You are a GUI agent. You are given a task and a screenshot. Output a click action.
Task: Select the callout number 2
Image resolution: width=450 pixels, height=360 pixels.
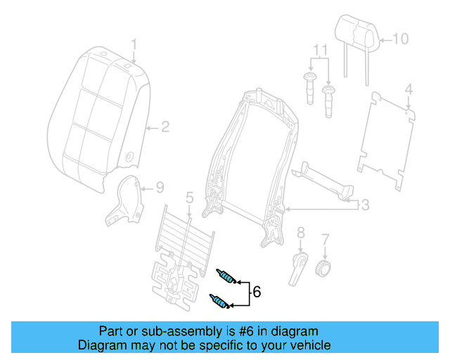(x=165, y=127)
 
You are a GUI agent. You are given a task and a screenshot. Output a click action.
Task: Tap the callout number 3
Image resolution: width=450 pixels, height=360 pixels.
(x=364, y=205)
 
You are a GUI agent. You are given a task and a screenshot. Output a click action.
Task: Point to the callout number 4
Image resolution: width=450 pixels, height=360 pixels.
(x=409, y=89)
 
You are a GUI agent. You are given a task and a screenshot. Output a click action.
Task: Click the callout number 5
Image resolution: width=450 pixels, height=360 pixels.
(x=189, y=198)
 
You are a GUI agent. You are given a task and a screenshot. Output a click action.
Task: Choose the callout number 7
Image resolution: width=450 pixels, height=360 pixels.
(x=325, y=240)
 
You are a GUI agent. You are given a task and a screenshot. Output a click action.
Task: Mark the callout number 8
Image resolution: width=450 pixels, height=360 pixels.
(x=300, y=232)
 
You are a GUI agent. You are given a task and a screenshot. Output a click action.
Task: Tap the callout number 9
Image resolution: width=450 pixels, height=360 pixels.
(x=160, y=188)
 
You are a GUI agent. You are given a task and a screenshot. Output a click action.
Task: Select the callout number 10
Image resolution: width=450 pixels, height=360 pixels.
(x=399, y=39)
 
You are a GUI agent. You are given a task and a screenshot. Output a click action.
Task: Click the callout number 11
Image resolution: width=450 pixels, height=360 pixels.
(x=320, y=51)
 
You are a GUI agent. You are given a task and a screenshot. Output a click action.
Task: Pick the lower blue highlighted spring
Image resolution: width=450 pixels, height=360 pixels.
(x=219, y=302)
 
